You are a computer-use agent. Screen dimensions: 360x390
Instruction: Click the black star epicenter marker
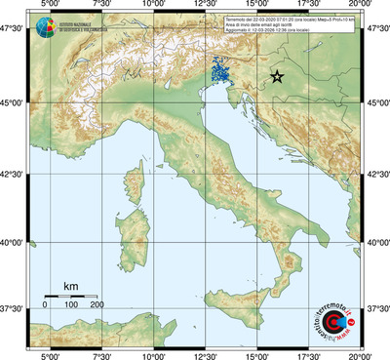point(277,77)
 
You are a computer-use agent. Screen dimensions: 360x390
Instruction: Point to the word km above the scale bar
point(70,285)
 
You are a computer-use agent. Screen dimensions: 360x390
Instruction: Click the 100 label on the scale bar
point(71,305)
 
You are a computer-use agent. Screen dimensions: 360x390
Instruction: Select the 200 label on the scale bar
point(97,305)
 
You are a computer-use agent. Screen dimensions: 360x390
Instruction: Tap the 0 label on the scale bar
point(45,305)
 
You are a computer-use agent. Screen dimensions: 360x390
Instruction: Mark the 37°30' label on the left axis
point(14,308)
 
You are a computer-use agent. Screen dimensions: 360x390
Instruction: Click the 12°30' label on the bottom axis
point(205,355)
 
